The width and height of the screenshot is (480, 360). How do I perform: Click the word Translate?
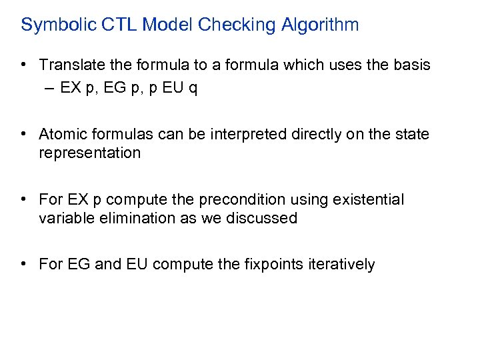(69, 65)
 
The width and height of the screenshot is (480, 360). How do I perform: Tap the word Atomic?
(63, 135)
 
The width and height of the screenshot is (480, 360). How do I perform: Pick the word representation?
(90, 153)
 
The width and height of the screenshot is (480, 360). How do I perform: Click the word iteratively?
(341, 265)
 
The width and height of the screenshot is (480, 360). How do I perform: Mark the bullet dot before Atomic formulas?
(23, 135)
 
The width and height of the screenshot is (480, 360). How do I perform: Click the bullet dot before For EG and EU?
(23, 265)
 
